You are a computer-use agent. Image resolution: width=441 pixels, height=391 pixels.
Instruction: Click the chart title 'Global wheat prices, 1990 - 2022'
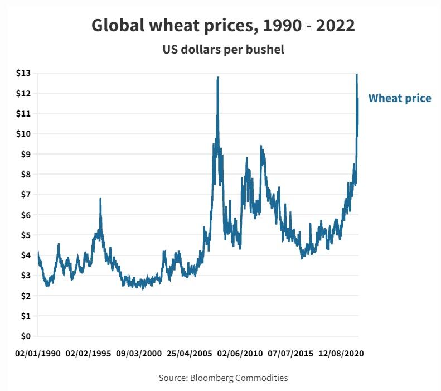(223, 26)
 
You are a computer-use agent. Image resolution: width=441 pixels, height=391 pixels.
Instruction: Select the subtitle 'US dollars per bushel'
(223, 50)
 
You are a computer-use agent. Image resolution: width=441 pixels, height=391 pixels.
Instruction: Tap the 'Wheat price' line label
(400, 99)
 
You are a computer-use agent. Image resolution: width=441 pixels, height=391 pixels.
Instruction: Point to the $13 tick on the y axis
(23, 73)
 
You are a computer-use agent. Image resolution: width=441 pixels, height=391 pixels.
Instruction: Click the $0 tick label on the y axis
(26, 336)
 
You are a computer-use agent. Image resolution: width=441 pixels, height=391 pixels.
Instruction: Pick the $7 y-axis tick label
(26, 195)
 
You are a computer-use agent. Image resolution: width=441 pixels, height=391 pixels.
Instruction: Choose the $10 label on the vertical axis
(23, 134)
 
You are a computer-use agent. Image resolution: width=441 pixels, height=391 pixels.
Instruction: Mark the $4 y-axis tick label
(26, 255)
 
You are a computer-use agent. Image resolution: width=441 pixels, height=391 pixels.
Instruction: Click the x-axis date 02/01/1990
(38, 354)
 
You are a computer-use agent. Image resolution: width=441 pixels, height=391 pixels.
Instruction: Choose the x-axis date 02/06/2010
(240, 354)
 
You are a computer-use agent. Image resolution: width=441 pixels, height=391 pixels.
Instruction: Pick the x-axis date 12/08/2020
(341, 354)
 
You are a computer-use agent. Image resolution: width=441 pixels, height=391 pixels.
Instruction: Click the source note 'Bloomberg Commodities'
(223, 378)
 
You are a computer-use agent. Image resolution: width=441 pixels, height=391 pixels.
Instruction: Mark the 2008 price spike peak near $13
(217, 78)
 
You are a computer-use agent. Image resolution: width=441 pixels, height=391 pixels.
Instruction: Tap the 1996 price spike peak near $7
(100, 199)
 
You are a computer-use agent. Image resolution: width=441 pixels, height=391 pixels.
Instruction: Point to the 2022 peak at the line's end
(357, 75)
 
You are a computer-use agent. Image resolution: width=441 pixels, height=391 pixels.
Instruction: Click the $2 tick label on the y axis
(26, 296)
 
